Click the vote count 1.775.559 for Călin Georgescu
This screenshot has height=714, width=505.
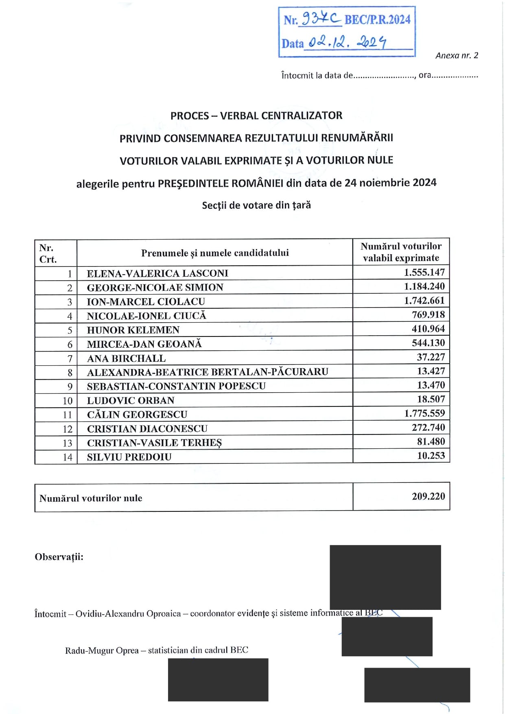pyautogui.click(x=424, y=413)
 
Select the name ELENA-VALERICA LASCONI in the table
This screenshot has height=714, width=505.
pyautogui.click(x=157, y=273)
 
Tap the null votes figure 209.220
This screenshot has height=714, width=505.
pyautogui.click(x=428, y=496)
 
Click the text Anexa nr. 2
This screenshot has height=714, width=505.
pyautogui.click(x=457, y=55)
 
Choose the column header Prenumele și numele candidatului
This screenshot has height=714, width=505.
pyautogui.click(x=215, y=253)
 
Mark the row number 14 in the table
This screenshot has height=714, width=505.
pyautogui.click(x=68, y=457)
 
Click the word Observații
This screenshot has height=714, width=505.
pyautogui.click(x=59, y=557)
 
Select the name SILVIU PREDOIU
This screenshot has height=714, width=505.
pyautogui.click(x=129, y=457)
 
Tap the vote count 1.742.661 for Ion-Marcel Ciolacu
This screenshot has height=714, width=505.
pyautogui.click(x=424, y=301)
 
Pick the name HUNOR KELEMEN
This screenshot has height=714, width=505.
pyautogui.click(x=133, y=330)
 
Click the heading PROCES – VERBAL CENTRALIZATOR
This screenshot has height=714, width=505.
pyautogui.click(x=256, y=116)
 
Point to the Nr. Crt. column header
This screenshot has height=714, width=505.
pyautogui.click(x=48, y=253)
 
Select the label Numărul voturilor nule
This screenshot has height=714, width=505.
pyautogui.click(x=91, y=498)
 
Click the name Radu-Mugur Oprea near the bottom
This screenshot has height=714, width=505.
pyautogui.click(x=102, y=651)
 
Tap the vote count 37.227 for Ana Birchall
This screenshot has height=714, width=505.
pyautogui.click(x=431, y=357)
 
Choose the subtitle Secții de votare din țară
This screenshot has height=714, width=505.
pyautogui.click(x=256, y=205)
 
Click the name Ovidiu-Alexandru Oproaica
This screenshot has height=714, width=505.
pyautogui.click(x=128, y=614)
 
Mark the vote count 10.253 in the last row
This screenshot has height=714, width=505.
pyautogui.click(x=431, y=456)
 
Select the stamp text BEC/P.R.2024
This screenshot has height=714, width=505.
pyautogui.click(x=377, y=20)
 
